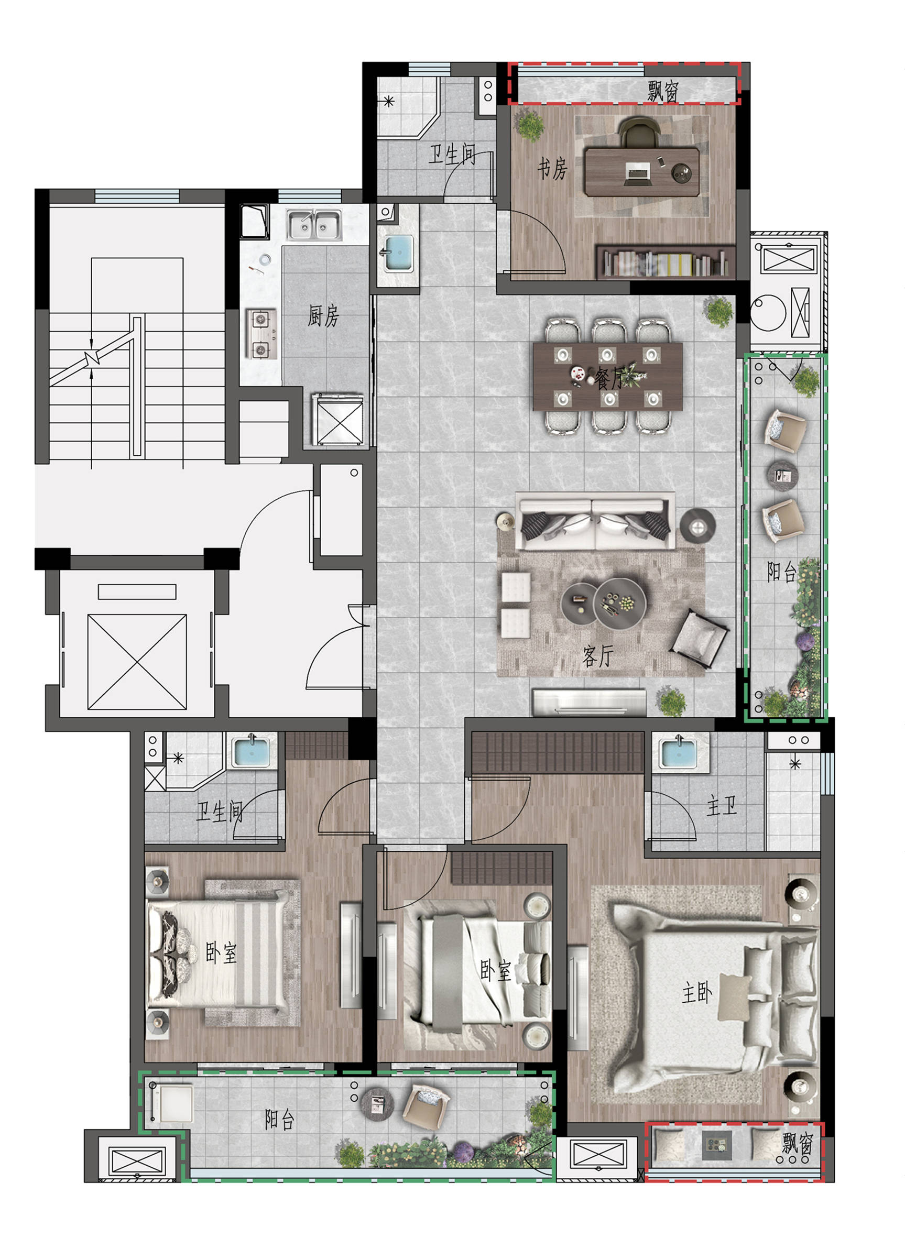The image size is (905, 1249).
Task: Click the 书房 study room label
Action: point(552,169)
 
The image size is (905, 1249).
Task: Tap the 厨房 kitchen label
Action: point(323,315)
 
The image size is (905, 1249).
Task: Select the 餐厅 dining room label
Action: point(610,378)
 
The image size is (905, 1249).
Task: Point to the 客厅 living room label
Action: point(597,656)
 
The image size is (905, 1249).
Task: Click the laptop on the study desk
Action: point(638,173)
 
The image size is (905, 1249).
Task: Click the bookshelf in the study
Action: point(666,262)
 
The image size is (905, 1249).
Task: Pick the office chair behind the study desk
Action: point(639,133)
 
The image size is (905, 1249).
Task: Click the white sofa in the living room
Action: point(595,521)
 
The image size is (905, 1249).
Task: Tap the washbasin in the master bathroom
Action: point(678,752)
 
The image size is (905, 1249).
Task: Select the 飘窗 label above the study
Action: point(663,90)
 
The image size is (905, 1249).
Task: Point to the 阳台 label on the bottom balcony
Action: point(280,1120)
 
